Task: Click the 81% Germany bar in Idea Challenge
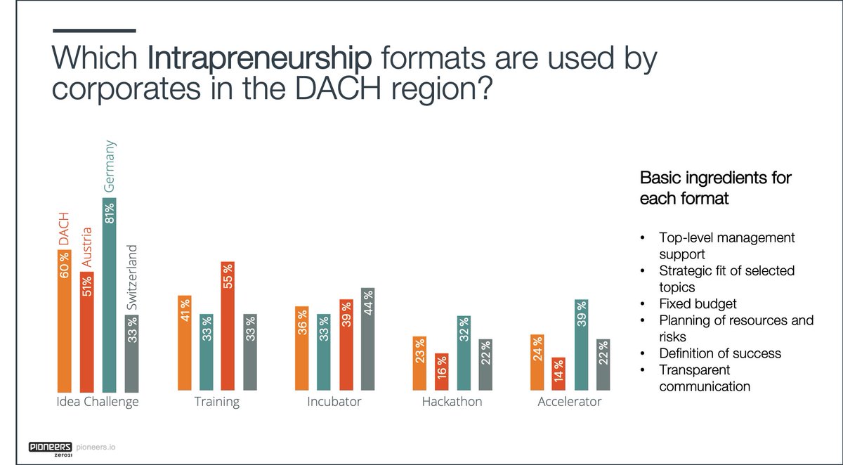(x=109, y=295)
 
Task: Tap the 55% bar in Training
(x=228, y=327)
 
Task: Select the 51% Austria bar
(x=86, y=330)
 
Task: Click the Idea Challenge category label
(x=97, y=402)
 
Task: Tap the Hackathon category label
(x=452, y=402)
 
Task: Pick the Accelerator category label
(x=569, y=402)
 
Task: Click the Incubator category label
(x=334, y=402)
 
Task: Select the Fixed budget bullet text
(x=698, y=304)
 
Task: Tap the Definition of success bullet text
(x=720, y=353)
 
